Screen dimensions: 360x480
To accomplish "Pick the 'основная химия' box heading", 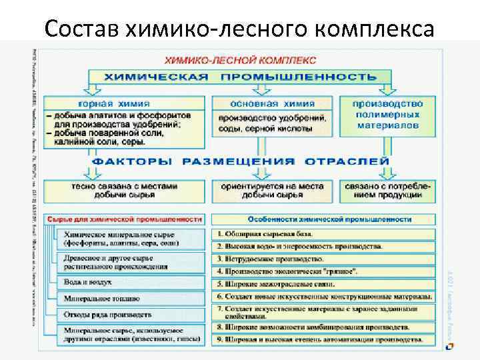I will point(271,104).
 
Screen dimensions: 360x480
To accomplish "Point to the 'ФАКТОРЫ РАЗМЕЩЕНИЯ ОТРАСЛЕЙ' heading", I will point(240,162).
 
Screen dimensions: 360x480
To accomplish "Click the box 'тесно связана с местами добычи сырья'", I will point(125,191).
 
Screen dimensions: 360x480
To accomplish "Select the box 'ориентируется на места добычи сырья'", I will point(271,191).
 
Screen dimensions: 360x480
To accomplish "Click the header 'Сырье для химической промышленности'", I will point(124,219).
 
